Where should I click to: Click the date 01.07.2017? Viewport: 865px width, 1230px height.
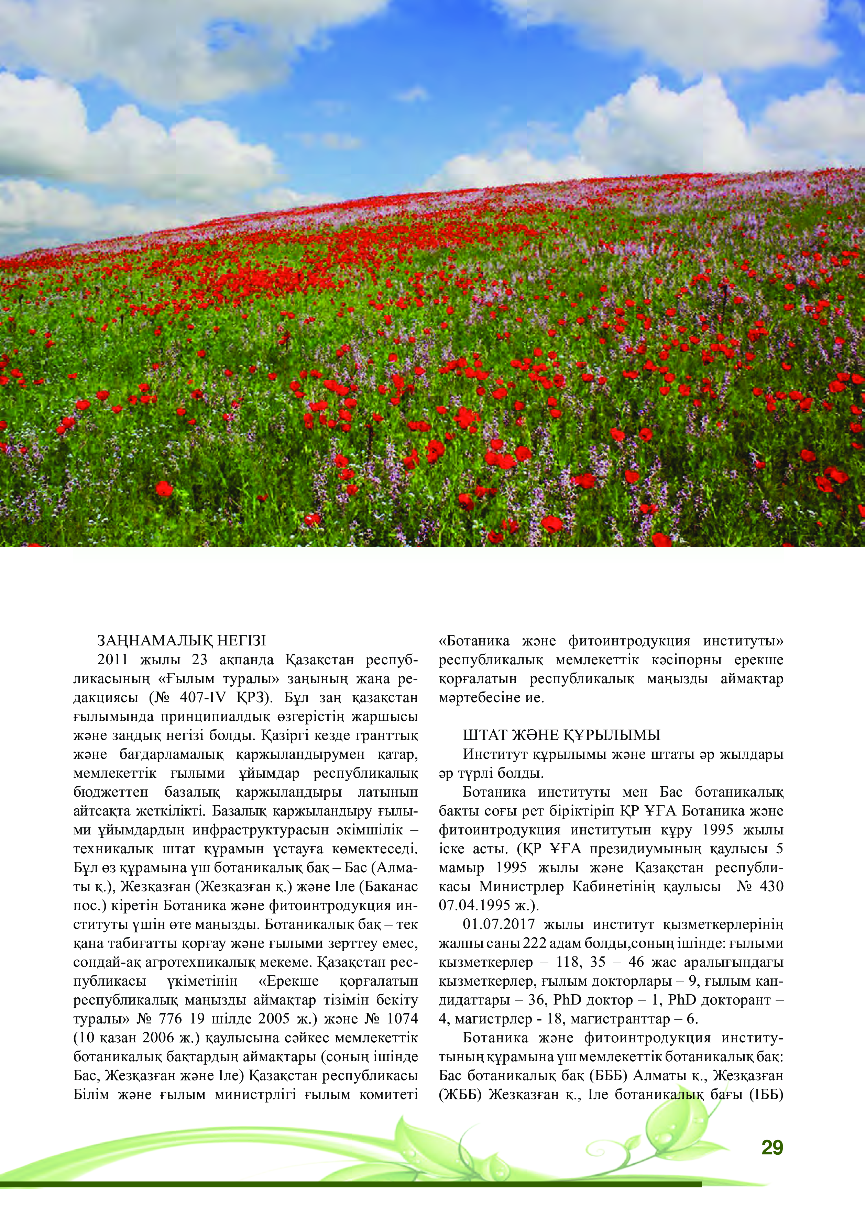point(499,924)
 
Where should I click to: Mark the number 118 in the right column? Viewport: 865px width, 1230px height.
point(568,962)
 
